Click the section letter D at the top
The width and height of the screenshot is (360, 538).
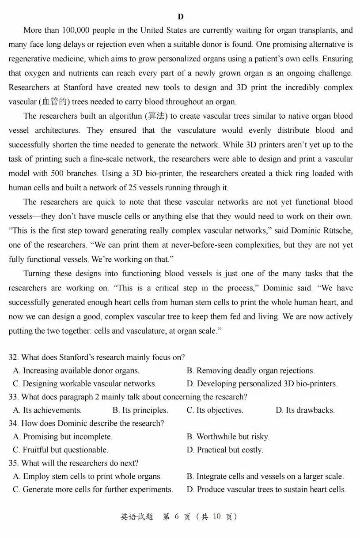[x=180, y=17]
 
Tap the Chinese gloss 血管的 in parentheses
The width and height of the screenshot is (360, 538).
[x=53, y=102]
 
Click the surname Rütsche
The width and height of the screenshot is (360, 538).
[x=337, y=230]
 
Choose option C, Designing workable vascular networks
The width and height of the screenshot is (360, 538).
[x=84, y=384]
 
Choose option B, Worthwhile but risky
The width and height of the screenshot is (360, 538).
[x=228, y=436]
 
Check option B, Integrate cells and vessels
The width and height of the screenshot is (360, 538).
[x=265, y=476]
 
